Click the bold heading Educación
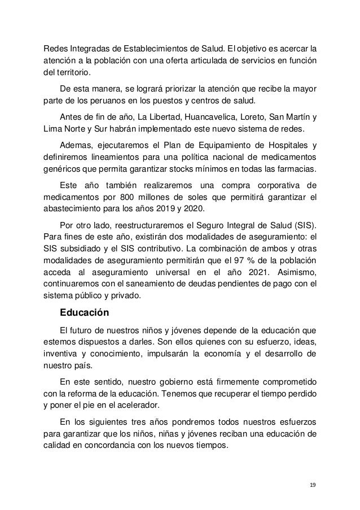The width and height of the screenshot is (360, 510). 85,312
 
